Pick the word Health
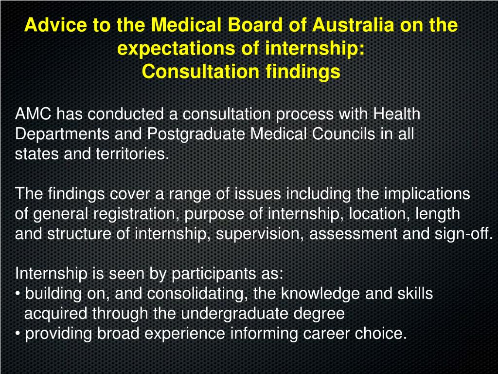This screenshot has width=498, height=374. (396, 114)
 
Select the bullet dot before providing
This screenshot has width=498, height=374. (18, 334)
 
